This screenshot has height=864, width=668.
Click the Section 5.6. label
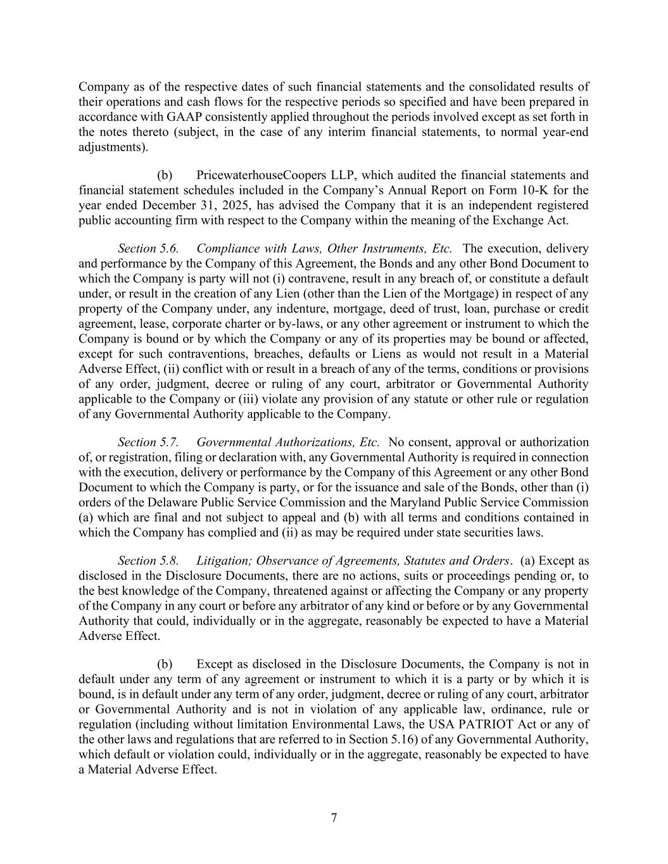(x=148, y=249)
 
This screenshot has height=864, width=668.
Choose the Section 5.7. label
(x=148, y=442)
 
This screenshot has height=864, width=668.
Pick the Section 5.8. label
(x=148, y=561)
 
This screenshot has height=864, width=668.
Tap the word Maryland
(x=439, y=503)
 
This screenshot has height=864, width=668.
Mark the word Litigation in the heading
(x=224, y=561)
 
